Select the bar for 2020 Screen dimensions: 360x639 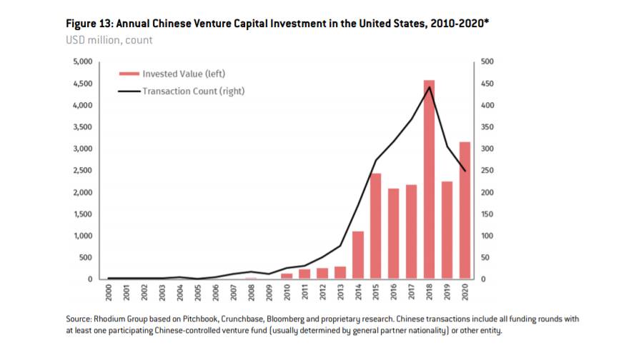(x=465, y=211)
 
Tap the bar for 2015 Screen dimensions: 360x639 (x=375, y=226)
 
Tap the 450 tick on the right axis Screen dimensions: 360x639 (x=487, y=84)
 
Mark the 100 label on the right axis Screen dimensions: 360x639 (x=487, y=236)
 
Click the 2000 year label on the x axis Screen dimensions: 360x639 (x=109, y=291)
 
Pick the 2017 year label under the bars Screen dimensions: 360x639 (x=411, y=291)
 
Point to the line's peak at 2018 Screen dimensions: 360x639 (x=429, y=87)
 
